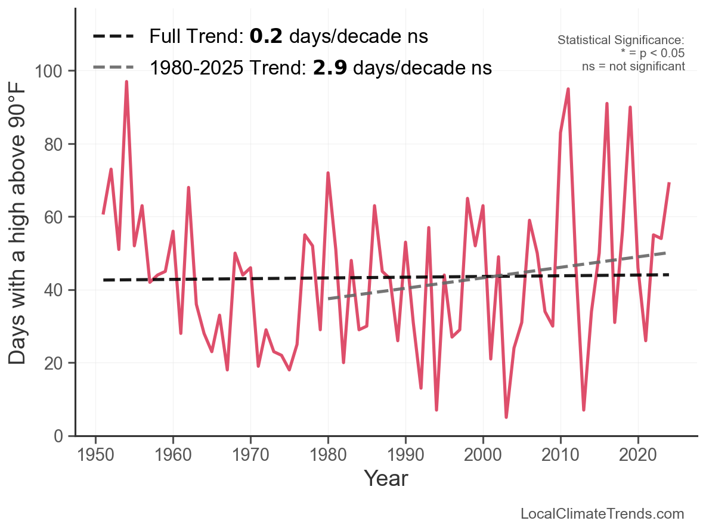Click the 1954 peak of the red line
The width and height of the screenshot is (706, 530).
tap(126, 82)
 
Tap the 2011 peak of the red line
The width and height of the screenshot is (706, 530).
tap(568, 89)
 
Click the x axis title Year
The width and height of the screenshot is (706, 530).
tap(386, 479)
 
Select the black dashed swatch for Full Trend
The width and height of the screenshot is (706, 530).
tap(114, 37)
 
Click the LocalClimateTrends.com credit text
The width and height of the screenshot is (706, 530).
tap(602, 514)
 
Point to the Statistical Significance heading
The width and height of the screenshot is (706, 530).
tap(621, 41)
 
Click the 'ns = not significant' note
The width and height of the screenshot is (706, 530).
tap(633, 66)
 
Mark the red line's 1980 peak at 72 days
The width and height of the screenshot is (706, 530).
tap(328, 173)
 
